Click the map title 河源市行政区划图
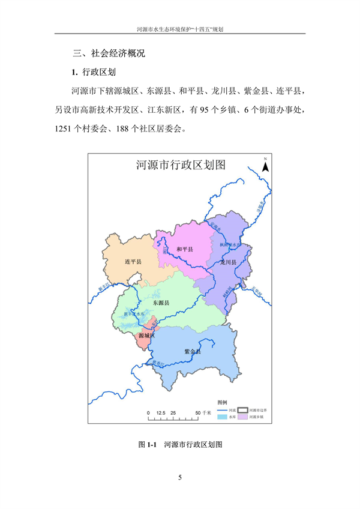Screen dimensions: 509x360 180,166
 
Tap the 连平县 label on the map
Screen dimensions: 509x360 132,262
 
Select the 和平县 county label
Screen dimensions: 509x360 185,249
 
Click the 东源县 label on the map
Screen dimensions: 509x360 160,303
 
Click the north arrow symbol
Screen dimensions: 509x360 265,166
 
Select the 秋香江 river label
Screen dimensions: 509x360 158,363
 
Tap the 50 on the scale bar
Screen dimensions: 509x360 199,414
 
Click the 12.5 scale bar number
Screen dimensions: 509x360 160,414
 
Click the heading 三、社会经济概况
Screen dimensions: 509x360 108,53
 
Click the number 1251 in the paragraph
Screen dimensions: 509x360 64,128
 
